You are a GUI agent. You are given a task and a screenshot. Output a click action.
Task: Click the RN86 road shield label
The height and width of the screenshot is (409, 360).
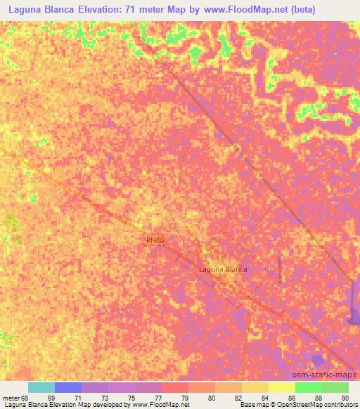coord(155,240)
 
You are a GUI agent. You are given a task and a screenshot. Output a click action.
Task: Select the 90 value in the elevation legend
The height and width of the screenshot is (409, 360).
coord(345,398)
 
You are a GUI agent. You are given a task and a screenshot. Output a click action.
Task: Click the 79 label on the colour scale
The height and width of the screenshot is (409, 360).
coord(184,398)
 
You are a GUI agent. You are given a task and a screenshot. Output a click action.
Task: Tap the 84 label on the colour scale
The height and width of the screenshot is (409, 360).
coord(264,398)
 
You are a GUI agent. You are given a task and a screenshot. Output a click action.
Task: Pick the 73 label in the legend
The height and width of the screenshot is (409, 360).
coord(104,398)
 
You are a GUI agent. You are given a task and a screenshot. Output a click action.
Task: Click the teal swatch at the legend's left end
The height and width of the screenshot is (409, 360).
coord(41,387)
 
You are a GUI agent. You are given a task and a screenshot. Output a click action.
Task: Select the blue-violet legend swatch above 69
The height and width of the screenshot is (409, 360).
coord(68,387)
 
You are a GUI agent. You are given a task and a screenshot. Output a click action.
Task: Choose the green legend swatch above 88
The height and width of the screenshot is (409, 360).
coord(309,387)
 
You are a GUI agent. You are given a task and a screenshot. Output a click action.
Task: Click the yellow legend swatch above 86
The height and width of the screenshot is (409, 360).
coord(282,387)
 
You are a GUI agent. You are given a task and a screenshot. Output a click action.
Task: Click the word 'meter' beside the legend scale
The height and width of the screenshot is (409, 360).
coord(11,398)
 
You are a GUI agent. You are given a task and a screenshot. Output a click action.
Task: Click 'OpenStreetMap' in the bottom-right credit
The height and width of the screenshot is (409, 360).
coord(294,405)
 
